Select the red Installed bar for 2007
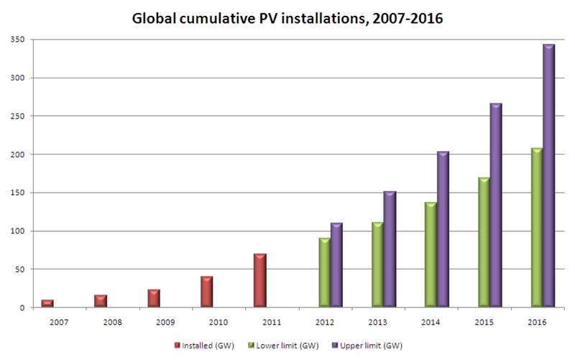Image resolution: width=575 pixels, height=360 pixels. pos(47,303)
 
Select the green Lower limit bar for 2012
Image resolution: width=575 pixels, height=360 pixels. pos(325,272)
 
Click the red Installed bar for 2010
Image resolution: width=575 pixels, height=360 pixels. pos(207,292)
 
